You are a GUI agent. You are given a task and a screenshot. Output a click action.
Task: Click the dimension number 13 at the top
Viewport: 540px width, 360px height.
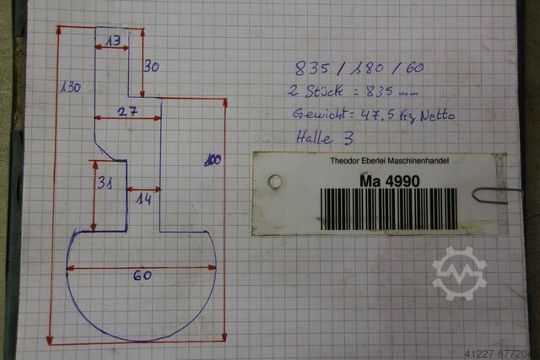[x=113, y=40]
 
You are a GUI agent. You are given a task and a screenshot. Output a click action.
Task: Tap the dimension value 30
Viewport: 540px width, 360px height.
[x=152, y=67]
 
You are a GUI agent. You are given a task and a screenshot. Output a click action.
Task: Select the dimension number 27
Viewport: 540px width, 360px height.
[x=128, y=111]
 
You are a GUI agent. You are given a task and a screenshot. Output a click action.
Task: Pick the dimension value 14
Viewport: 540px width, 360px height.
[x=143, y=199]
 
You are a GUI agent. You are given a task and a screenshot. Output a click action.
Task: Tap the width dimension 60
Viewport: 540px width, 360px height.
[x=140, y=276]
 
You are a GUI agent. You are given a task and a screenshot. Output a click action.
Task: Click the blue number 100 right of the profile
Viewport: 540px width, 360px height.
[x=211, y=160]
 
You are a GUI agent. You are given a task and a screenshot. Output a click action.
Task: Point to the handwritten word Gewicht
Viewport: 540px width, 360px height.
[x=320, y=114]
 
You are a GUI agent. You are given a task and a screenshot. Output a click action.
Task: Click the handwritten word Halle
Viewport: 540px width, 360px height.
[x=315, y=137]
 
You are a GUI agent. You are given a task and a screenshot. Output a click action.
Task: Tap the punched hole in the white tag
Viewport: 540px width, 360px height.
[x=273, y=181]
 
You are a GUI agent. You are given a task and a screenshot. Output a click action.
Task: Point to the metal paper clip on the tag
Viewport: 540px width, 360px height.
[x=490, y=195]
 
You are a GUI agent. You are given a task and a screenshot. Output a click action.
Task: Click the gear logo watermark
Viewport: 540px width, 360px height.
[x=460, y=273]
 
